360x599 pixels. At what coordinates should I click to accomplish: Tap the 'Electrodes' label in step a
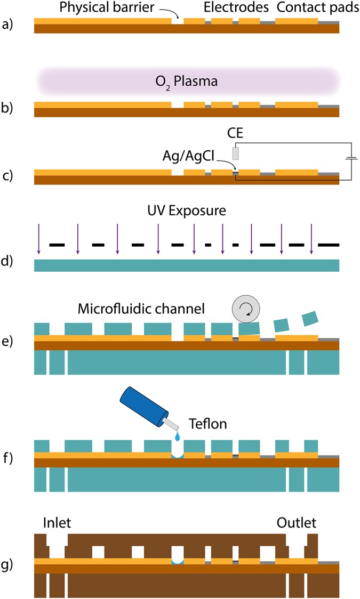[229, 8]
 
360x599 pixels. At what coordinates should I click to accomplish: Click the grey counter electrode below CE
[236, 153]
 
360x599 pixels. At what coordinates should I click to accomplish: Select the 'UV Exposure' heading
[186, 210]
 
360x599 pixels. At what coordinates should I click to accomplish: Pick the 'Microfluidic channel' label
[141, 309]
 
